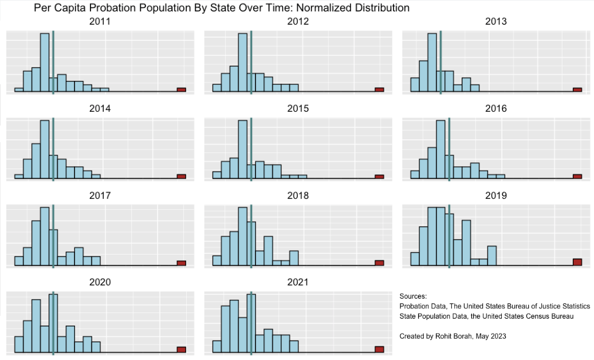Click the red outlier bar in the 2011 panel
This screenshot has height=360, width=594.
[182, 90]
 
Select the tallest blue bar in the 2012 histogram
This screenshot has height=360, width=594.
[243, 62]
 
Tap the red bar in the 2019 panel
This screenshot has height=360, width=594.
[577, 262]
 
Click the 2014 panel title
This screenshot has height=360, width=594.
[100, 108]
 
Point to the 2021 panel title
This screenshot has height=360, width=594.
[298, 282]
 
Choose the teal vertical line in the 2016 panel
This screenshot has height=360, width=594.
[449, 149]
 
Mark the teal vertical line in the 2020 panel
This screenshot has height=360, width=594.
[53, 323]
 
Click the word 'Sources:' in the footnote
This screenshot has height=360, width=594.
[413, 296]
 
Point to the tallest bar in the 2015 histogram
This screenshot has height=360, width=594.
[243, 149]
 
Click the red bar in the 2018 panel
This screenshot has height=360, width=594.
[379, 263]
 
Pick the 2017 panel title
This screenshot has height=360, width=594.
[100, 195]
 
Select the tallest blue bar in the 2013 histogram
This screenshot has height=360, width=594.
[432, 62]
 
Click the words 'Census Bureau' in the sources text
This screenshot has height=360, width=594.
[551, 316]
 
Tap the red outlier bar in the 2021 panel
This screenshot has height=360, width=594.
[379, 349]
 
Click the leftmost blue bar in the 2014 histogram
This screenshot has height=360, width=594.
[19, 176]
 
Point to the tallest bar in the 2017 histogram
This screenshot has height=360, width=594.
[45, 236]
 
